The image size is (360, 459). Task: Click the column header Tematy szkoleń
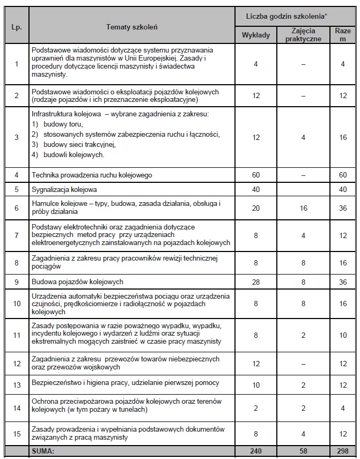[x=132, y=26]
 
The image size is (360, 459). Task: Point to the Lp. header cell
[x=17, y=26]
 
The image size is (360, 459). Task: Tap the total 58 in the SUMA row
[x=304, y=451]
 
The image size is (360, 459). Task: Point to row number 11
[x=17, y=336]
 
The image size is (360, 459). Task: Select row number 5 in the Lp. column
[x=17, y=189]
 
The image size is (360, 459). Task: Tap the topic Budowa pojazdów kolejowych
[x=78, y=282]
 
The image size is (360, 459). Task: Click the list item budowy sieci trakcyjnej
[x=75, y=144]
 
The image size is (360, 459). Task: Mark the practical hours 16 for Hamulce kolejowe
[x=304, y=208]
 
